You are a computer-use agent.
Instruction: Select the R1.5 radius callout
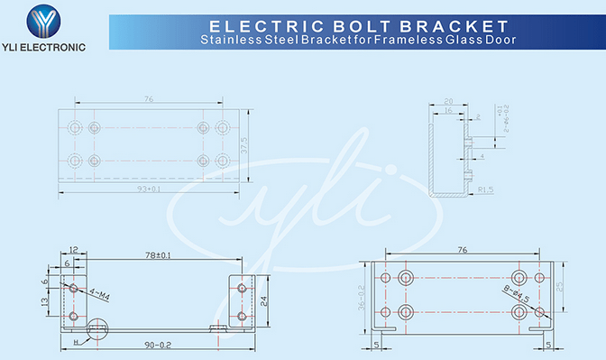click(x=485, y=189)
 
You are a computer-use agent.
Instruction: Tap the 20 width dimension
click(x=449, y=101)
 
